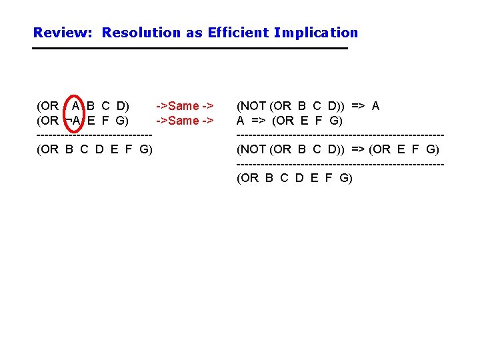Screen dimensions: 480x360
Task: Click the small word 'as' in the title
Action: coord(194,33)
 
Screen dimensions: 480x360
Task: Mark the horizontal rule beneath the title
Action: coord(191,49)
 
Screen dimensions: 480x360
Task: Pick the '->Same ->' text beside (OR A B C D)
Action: coord(185,106)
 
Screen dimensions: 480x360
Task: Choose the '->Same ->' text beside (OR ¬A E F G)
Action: coord(185,121)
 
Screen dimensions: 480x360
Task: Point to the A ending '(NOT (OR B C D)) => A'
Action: coord(375,106)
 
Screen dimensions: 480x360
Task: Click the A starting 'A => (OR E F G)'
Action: coord(241,121)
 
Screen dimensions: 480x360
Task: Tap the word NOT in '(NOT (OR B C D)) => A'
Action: coord(254,106)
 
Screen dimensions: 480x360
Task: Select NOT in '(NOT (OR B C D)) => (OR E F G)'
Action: coord(254,149)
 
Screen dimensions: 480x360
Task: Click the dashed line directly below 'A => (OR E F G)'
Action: coord(340,135)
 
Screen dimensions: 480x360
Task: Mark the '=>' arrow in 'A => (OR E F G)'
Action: coord(259,121)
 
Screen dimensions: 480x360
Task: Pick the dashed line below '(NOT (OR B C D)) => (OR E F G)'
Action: coord(340,164)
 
